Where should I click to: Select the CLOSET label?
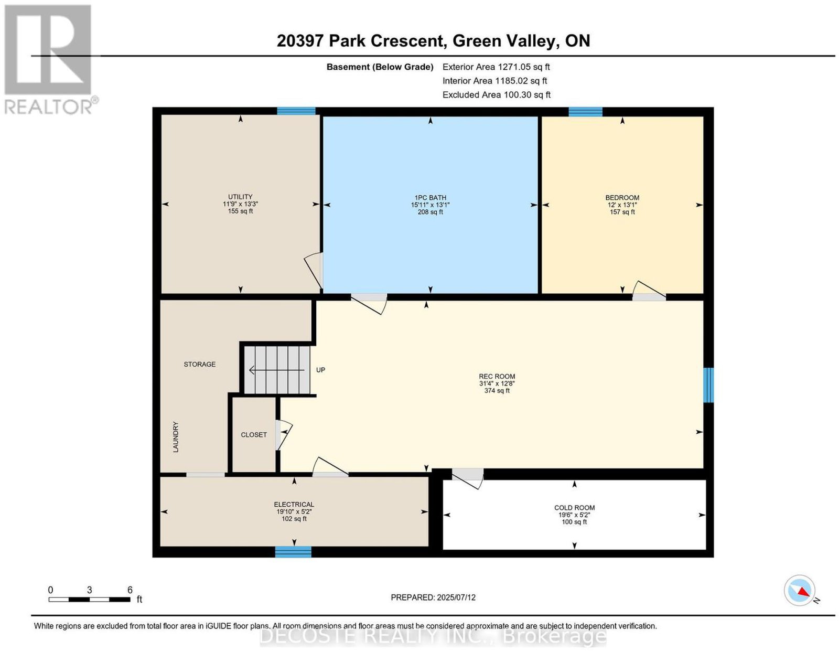tap(254, 435)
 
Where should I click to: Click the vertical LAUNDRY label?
tap(176, 437)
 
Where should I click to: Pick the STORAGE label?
tap(200, 364)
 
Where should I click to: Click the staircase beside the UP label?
tap(277, 370)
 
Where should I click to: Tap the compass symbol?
tap(799, 601)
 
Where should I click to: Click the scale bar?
tap(89, 600)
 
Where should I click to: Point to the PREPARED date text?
tap(433, 597)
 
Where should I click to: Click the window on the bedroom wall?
tap(585, 112)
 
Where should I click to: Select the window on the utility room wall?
tap(296, 111)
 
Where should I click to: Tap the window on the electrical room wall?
tap(293, 552)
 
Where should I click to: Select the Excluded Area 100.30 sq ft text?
tap(496, 94)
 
